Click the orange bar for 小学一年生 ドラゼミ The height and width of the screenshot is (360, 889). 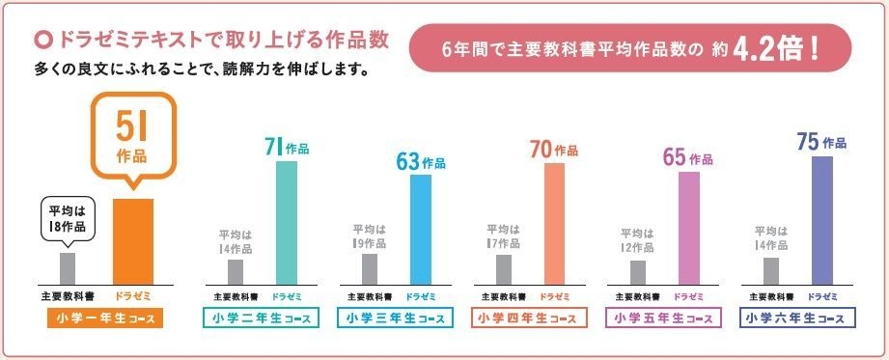click(x=133, y=240)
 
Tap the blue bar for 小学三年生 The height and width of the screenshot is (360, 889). click(x=421, y=229)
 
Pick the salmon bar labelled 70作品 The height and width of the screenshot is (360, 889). click(x=554, y=223)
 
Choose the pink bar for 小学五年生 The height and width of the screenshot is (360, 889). click(x=688, y=227)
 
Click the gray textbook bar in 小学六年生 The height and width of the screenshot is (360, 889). click(x=770, y=270)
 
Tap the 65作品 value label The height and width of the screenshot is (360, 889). click(x=687, y=157)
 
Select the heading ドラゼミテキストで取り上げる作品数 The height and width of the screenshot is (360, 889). click(x=223, y=41)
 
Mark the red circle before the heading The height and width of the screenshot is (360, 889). click(x=42, y=41)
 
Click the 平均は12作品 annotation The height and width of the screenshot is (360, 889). click(x=636, y=240)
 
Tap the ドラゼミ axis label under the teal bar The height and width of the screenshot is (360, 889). click(x=287, y=295)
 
